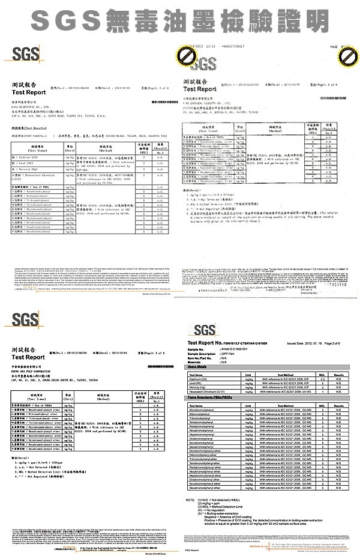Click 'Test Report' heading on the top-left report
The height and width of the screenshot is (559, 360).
28,92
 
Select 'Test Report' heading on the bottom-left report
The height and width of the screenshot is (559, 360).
28,357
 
